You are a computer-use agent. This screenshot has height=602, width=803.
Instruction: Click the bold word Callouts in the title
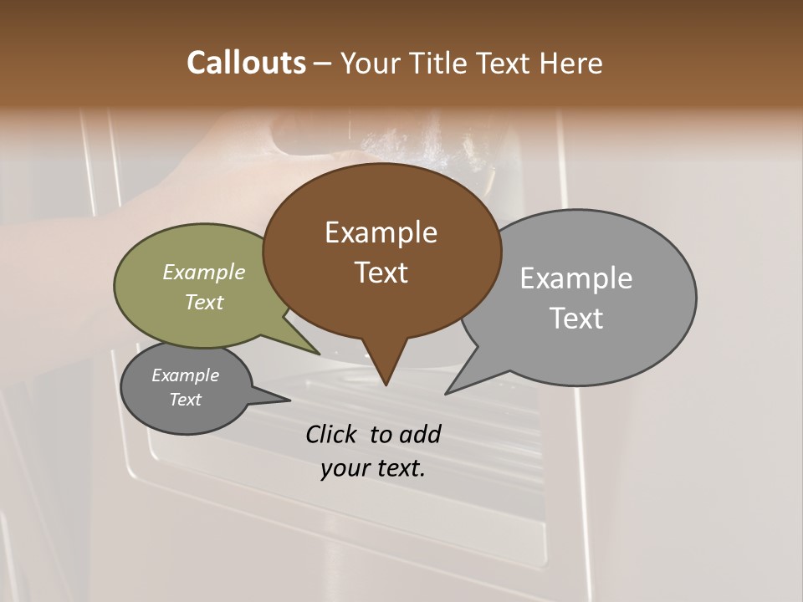click(x=246, y=63)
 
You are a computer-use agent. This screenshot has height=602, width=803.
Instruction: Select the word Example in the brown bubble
click(x=381, y=232)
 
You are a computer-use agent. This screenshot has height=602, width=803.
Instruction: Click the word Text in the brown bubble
click(x=381, y=272)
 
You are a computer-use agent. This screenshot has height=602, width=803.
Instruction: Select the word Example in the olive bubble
click(x=204, y=272)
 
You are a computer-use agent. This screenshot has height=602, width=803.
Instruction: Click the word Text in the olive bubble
click(x=204, y=302)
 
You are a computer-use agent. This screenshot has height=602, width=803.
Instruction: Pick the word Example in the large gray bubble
click(x=576, y=278)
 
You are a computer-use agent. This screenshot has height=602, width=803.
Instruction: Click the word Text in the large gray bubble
click(x=576, y=318)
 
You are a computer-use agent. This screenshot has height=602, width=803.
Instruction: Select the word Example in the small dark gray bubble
click(x=185, y=375)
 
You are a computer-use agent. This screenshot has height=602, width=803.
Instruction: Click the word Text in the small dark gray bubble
click(x=185, y=399)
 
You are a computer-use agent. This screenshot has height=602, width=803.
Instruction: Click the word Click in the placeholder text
click(x=333, y=434)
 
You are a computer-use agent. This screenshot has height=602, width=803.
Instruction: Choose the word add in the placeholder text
click(x=420, y=434)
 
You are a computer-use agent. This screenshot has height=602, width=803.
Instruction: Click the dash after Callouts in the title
click(x=323, y=64)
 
